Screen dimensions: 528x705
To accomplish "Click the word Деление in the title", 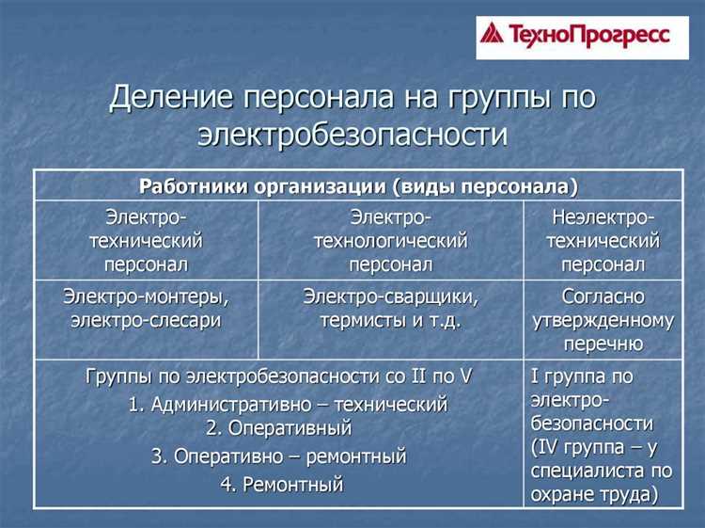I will click(x=172, y=98).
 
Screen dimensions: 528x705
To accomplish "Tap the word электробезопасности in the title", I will click(x=352, y=133).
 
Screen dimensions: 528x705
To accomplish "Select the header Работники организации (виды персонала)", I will click(x=359, y=185).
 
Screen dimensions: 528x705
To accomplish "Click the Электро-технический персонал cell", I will click(x=146, y=240).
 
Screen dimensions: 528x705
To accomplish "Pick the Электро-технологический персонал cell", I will click(x=390, y=240).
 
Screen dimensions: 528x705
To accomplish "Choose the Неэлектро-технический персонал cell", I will click(x=603, y=240).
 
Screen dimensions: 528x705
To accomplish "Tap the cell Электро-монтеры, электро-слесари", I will click(x=146, y=308).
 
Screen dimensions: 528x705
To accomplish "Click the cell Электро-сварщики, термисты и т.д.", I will click(x=390, y=308).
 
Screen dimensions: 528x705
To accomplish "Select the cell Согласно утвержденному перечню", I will click(x=603, y=320).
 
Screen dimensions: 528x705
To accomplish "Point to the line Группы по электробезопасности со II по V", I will click(x=278, y=376).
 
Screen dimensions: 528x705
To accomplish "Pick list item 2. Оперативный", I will click(x=278, y=428).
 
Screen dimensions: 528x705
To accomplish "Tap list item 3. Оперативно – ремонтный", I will click(x=278, y=456).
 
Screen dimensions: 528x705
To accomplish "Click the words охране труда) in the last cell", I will click(x=603, y=493).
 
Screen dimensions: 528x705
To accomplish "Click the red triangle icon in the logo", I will click(x=493, y=35).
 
